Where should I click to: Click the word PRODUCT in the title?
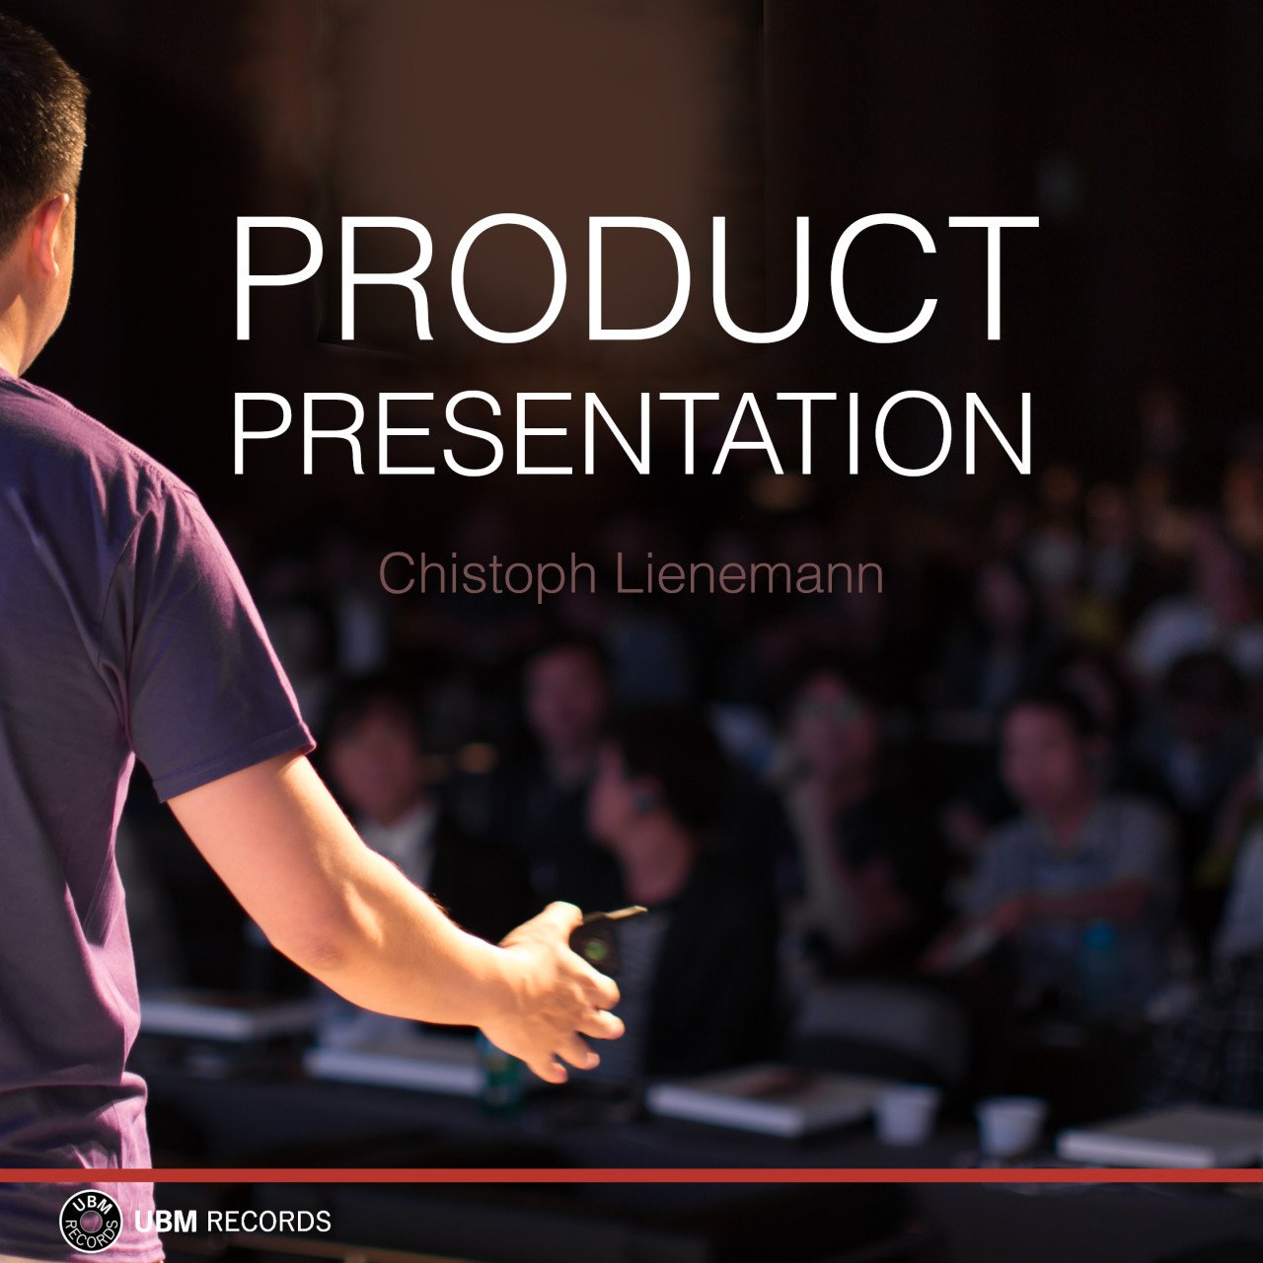635,278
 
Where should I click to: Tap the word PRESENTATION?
631,433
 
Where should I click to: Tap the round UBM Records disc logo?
91,1222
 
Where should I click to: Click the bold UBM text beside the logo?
166,1222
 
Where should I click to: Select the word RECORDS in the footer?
268,1222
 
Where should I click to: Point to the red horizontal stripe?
631,1175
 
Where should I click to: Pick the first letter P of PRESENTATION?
261,433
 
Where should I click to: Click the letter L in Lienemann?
629,574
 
